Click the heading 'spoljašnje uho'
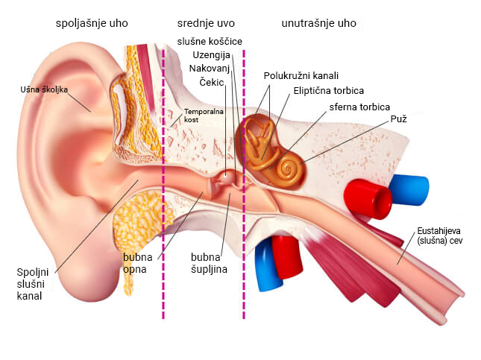[92, 23]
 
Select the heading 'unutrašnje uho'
[318, 23]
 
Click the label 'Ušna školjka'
[44, 90]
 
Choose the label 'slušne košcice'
[210, 41]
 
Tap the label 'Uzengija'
[212, 55]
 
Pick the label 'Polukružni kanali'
[301, 75]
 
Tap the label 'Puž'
[398, 119]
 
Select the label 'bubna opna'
[138, 263]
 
